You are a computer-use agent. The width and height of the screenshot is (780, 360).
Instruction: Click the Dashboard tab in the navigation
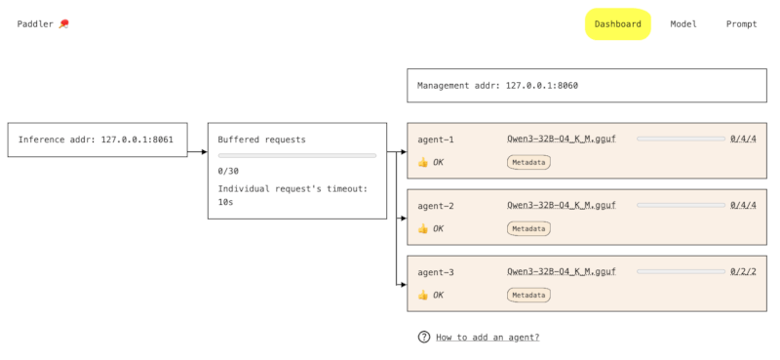coord(617,24)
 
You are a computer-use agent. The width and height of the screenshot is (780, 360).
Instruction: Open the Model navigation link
coord(682,24)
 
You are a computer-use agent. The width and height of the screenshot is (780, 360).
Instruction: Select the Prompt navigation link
coord(741,24)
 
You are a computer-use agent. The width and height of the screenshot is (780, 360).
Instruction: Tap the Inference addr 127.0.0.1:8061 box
coord(96,140)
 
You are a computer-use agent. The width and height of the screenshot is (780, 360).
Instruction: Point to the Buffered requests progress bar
coord(296,155)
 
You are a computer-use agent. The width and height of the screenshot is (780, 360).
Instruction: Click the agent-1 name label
coord(436,140)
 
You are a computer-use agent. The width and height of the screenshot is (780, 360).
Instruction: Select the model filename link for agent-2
coord(562,206)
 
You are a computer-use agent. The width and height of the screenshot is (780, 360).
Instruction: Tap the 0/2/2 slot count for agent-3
coord(743,272)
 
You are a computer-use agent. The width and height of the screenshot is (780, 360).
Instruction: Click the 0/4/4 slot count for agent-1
coord(743,140)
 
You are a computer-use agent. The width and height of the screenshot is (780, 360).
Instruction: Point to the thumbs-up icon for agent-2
coord(423,228)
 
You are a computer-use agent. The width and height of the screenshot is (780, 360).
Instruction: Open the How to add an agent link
coord(487,338)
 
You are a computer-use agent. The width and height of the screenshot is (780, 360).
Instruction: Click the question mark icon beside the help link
coord(424,338)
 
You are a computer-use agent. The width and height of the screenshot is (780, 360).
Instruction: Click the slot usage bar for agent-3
coord(681,272)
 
